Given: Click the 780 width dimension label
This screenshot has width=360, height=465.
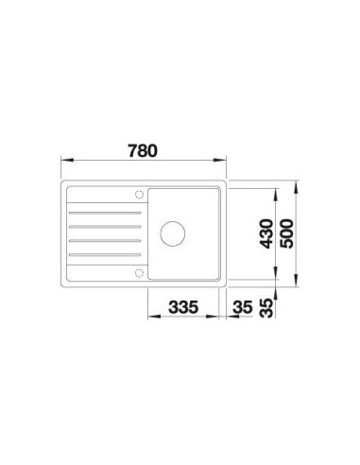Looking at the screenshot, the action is (143, 151).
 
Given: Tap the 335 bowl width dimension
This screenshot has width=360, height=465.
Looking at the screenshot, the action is (183, 307).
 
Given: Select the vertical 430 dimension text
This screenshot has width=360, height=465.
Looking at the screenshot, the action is (266, 233).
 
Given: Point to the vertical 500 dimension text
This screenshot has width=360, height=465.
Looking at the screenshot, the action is (286, 233).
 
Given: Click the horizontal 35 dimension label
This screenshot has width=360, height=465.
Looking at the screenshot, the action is (243, 307).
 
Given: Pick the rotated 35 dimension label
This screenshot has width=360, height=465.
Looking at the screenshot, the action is (266, 308).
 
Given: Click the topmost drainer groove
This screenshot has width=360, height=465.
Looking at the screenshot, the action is (105, 213).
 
